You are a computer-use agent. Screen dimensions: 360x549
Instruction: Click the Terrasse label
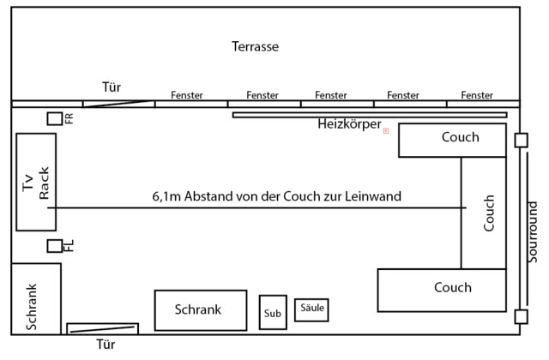point(256,45)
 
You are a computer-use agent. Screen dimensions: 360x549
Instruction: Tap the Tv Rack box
point(36,182)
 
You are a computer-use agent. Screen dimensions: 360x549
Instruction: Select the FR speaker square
point(54,118)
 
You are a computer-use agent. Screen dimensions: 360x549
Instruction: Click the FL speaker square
point(54,246)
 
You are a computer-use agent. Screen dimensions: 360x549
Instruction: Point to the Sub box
point(273,313)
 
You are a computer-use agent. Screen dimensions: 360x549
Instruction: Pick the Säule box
point(311,309)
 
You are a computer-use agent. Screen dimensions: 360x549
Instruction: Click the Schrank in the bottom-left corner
point(35,298)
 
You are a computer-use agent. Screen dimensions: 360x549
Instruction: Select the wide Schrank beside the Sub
point(200,310)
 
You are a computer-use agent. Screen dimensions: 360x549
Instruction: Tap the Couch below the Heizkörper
point(452,140)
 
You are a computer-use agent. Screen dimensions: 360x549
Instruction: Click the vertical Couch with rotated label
point(484,213)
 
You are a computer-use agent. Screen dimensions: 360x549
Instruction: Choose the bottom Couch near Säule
point(442,290)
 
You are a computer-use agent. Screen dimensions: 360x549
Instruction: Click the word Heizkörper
point(349,124)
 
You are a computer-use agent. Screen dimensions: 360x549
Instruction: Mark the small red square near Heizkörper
point(386,130)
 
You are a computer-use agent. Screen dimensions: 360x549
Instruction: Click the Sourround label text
point(534,231)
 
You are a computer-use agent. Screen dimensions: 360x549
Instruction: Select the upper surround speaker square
point(521,140)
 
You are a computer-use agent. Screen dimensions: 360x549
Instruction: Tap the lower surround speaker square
point(521,316)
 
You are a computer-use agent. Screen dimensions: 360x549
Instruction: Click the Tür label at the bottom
point(105,345)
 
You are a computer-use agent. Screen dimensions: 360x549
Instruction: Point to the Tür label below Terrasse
point(112,87)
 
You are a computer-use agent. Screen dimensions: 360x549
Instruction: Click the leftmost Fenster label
point(187,95)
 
